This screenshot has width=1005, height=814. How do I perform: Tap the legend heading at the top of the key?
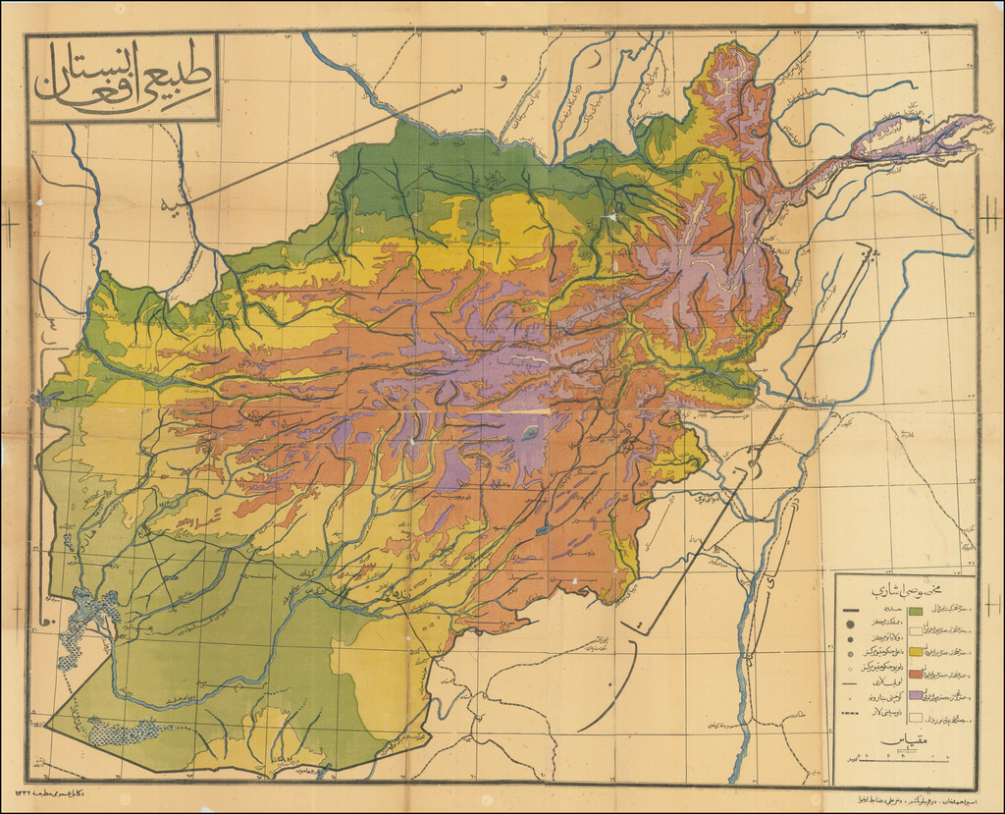click(903, 592)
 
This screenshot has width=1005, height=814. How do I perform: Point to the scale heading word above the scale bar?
click(903, 740)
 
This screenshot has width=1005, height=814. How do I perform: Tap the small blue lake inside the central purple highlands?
click(530, 432)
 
